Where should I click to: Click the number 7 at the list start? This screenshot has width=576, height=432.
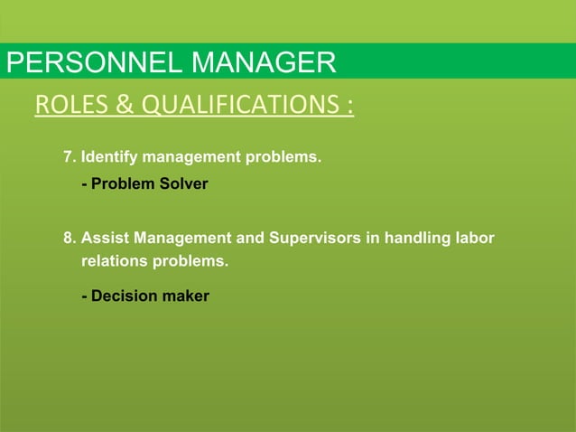point(68,158)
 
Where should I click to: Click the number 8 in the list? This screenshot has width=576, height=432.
point(68,239)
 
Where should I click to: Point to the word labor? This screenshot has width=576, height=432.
point(476,239)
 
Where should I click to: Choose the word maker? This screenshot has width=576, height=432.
point(185,296)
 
